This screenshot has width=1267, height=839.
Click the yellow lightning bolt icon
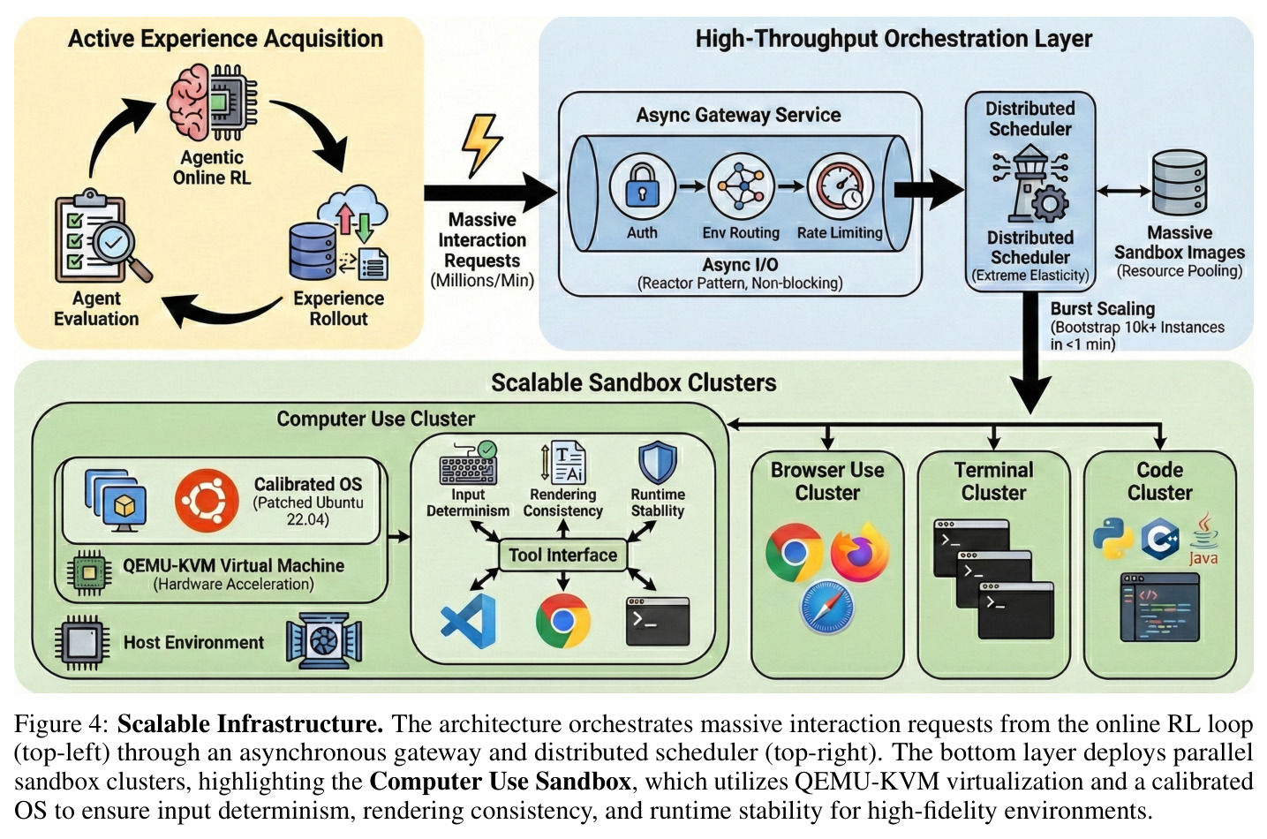pos(481,146)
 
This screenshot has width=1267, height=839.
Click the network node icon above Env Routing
pos(741,185)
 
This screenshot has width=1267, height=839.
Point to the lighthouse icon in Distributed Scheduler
pos(1030,183)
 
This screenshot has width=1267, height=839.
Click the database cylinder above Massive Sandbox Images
pos(1179,182)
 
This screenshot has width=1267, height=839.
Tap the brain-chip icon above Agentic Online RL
pos(212,102)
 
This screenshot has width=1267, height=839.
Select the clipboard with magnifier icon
pos(102,237)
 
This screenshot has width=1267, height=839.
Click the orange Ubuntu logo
pos(207,501)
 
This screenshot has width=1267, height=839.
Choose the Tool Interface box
pos(562,555)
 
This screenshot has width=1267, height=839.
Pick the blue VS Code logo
pos(468,621)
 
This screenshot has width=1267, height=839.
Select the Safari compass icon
pos(827,607)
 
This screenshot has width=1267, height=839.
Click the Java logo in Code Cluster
pos(1203,539)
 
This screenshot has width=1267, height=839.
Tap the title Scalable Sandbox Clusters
pos(634,383)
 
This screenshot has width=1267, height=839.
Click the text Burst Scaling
pos(1103,309)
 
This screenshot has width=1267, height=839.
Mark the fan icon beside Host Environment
pos(323,641)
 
